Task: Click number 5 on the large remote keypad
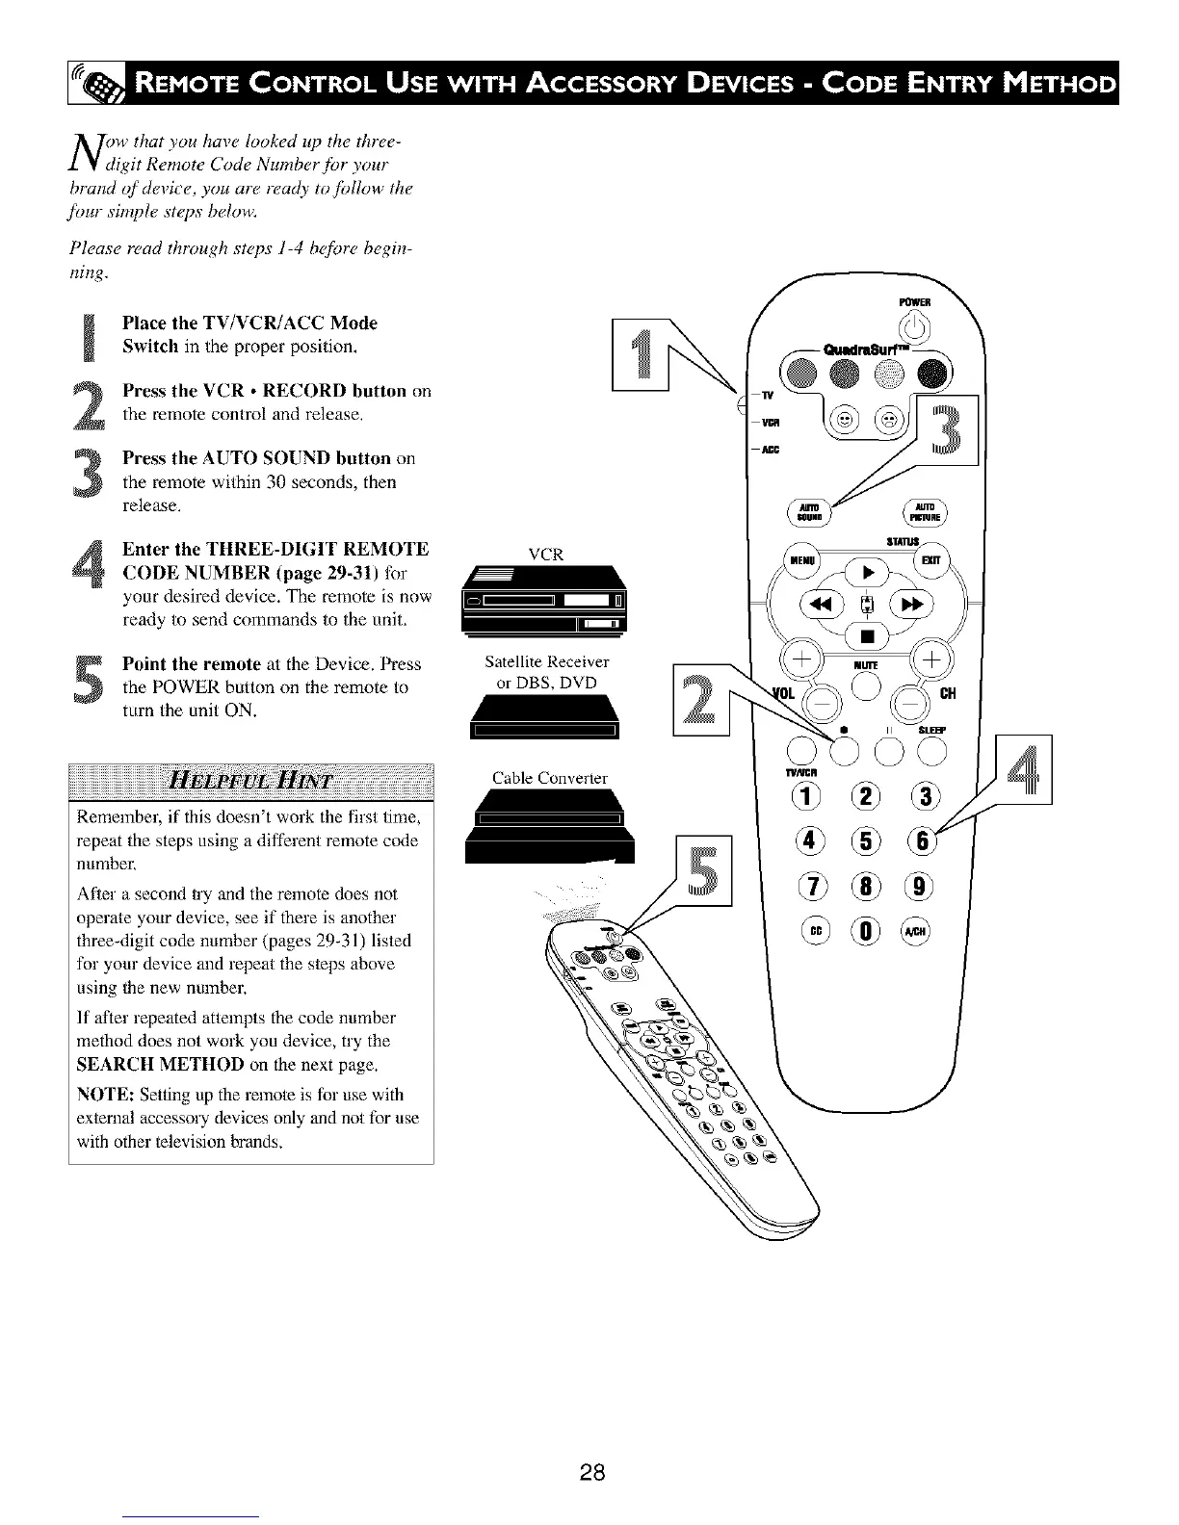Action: (864, 840)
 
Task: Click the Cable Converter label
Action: (550, 778)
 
